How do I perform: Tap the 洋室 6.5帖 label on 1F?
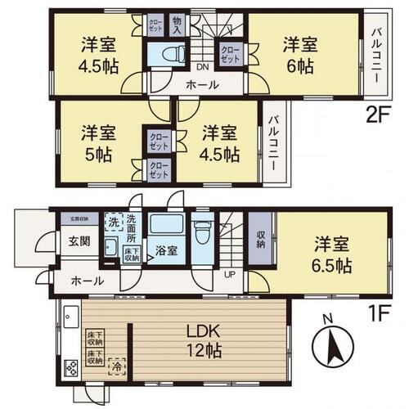click(330, 254)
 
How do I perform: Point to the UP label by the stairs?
click(231, 274)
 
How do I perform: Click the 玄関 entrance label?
click(70, 240)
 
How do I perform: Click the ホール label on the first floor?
click(86, 281)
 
